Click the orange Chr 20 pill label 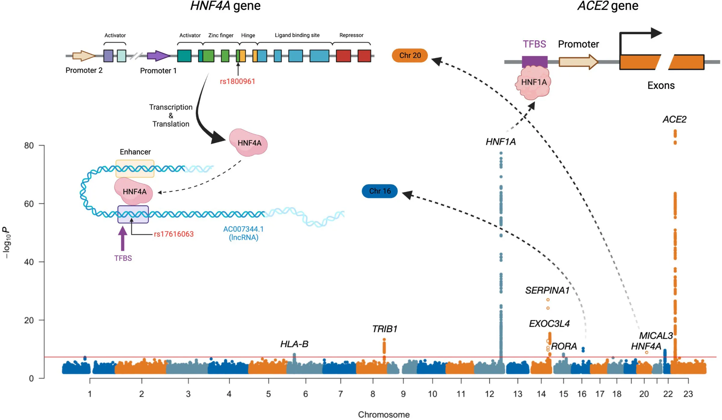409,56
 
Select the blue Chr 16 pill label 379,191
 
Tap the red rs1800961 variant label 237,81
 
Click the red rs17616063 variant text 174,234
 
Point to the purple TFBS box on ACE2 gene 534,61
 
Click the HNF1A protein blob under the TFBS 533,83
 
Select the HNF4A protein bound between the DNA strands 134,192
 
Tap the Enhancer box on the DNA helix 135,169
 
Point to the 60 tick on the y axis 29,204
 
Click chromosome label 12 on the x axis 489,394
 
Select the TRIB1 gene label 384,329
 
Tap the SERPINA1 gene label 547,291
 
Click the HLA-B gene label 294,344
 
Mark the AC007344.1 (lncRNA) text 243,233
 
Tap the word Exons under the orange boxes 661,86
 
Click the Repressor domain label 351,35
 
